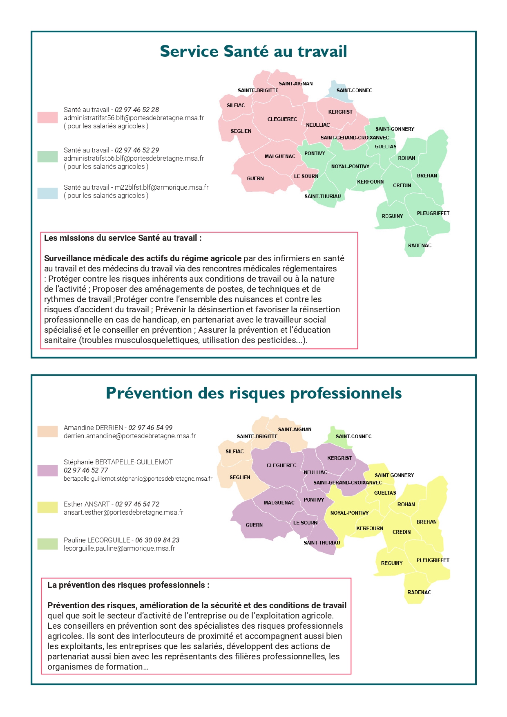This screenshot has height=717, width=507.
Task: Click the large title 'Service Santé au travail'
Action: [253, 52]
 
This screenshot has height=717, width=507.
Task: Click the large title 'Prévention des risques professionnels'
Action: [253, 393]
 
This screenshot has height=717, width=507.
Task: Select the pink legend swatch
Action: [47, 118]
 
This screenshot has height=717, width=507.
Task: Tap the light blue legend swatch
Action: [47, 193]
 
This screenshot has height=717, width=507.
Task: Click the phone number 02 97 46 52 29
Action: [137, 150]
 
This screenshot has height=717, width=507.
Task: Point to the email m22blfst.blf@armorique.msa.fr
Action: [161, 187]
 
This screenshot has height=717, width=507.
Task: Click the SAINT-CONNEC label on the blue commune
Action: [354, 90]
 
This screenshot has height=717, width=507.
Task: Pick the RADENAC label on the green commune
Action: [420, 246]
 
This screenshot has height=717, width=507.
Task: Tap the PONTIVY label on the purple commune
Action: [314, 500]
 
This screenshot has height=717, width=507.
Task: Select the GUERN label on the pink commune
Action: [255, 179]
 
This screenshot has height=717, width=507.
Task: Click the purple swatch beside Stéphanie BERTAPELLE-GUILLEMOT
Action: [47, 471]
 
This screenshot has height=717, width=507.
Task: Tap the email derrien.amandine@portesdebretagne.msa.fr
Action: [130, 436]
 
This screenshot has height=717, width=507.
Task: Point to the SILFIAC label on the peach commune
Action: [235, 452]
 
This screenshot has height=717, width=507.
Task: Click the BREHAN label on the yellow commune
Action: [427, 522]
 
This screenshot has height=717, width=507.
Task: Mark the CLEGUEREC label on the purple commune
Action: [281, 466]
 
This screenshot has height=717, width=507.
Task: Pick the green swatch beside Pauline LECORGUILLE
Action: [47, 544]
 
